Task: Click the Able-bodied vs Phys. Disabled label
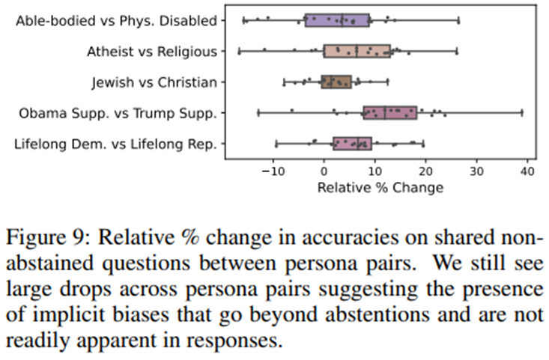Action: click(x=116, y=20)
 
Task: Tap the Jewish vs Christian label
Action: click(x=154, y=82)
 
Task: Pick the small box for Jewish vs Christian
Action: click(x=336, y=82)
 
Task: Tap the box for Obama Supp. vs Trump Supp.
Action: click(x=389, y=112)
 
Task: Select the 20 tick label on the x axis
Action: click(x=425, y=171)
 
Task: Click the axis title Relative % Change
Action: click(x=380, y=187)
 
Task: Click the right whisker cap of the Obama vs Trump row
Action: click(x=522, y=112)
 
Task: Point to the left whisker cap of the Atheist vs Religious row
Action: click(x=239, y=51)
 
